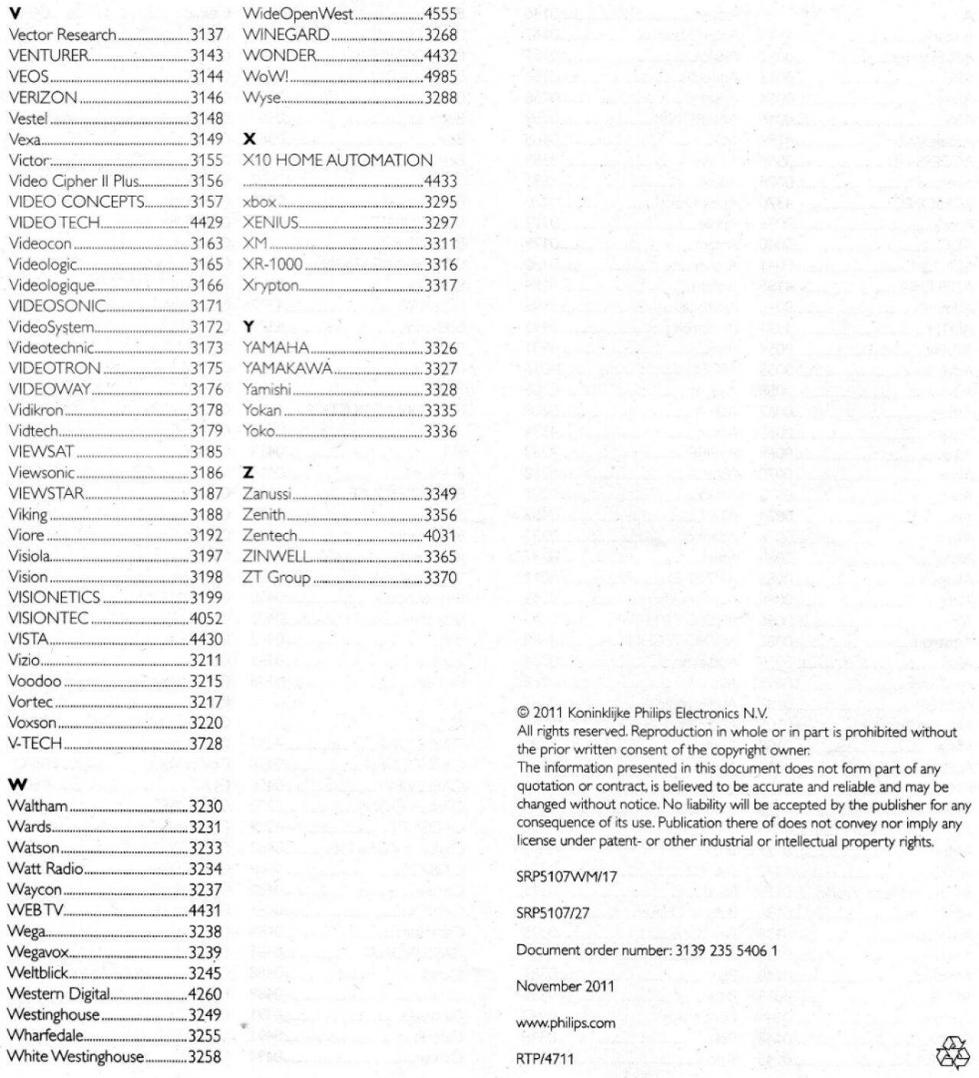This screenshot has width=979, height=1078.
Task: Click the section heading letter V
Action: coord(15,14)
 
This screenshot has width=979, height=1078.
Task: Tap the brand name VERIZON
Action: coord(43,97)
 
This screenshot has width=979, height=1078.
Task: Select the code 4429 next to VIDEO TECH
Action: coord(207,223)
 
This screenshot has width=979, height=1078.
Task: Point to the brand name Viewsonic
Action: coord(41,473)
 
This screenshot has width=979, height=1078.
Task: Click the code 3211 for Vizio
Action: coord(207,660)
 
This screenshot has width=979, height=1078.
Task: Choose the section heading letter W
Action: coord(17,785)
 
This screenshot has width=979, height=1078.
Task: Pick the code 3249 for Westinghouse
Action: coord(206,1015)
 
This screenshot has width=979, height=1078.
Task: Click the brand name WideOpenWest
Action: coord(298,14)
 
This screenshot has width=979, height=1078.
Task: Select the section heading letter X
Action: coord(249,139)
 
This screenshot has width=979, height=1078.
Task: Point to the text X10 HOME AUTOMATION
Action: coord(337,160)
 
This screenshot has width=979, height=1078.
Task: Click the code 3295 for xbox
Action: coord(441,202)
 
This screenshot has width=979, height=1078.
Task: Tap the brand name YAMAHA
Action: coord(276,347)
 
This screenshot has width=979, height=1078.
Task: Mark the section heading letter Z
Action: coord(249,474)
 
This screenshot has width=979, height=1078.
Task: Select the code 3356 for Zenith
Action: coord(441,515)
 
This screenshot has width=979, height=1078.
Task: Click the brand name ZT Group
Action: coord(276,578)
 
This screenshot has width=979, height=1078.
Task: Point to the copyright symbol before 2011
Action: coord(522,712)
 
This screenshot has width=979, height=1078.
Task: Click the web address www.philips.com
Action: coord(566,1022)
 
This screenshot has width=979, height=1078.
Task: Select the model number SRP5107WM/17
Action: coord(567,877)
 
